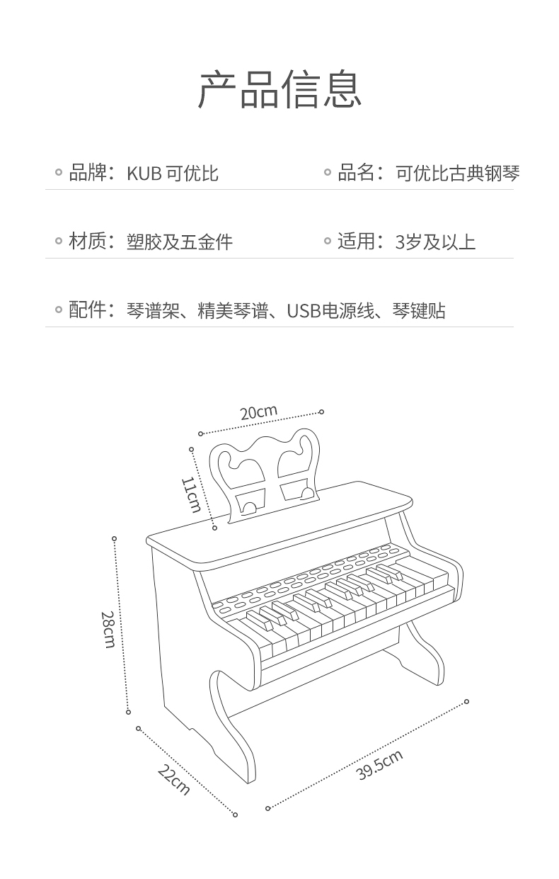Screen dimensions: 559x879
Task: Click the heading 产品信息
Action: [279, 89]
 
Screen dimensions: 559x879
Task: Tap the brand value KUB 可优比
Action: [173, 173]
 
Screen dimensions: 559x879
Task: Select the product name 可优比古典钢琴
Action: [458, 173]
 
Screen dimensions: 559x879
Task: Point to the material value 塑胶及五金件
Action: [180, 242]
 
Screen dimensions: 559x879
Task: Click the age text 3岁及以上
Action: [435, 242]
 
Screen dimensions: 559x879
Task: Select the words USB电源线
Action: [330, 310]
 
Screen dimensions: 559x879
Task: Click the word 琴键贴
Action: [419, 310]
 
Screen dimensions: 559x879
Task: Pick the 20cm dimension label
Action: [259, 412]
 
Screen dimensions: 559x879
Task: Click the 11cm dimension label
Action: [191, 495]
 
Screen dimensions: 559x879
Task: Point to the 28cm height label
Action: [108, 630]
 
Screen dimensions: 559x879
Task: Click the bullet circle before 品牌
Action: [59, 172]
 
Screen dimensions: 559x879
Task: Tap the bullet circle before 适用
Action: [328, 241]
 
